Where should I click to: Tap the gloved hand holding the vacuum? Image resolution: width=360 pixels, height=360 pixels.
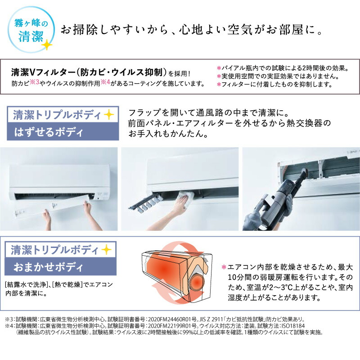[x=286, y=201]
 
